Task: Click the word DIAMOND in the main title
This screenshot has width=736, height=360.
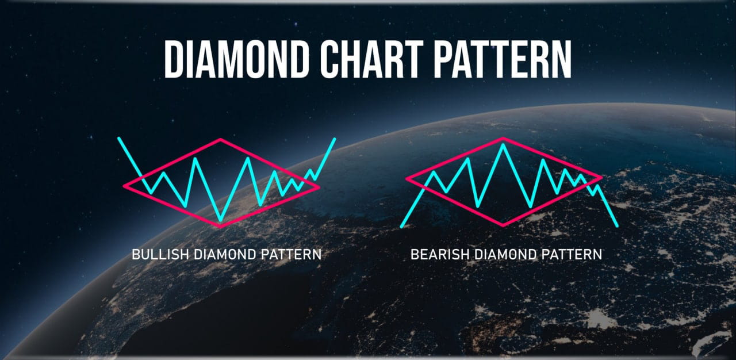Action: (x=242, y=59)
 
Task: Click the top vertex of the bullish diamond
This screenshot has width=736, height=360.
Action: (x=221, y=140)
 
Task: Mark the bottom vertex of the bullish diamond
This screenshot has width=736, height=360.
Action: (x=221, y=226)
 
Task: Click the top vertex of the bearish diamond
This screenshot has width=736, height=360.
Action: (x=504, y=139)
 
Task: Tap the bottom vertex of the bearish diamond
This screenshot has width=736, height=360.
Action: (x=504, y=225)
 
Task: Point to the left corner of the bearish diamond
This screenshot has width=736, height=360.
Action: (x=407, y=178)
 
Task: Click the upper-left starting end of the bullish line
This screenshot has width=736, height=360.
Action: (x=118, y=139)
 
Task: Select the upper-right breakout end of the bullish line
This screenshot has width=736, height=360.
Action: (x=335, y=139)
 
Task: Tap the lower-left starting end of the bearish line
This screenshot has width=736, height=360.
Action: (x=401, y=226)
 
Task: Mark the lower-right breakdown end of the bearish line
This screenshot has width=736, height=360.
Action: (x=617, y=225)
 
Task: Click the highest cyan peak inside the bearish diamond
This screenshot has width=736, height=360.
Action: (x=504, y=145)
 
